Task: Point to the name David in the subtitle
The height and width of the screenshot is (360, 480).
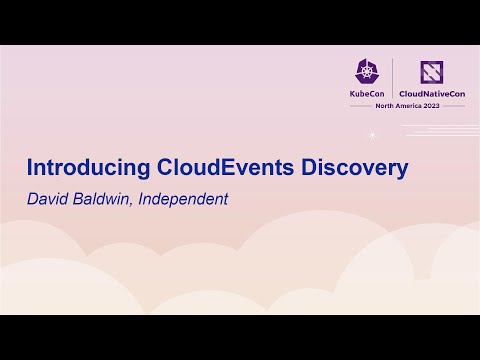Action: click(x=46, y=199)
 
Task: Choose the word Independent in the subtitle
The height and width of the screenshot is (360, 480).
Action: click(x=184, y=199)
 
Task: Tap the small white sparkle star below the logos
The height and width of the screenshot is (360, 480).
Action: click(x=372, y=133)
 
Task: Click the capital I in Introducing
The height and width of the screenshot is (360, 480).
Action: click(x=28, y=167)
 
